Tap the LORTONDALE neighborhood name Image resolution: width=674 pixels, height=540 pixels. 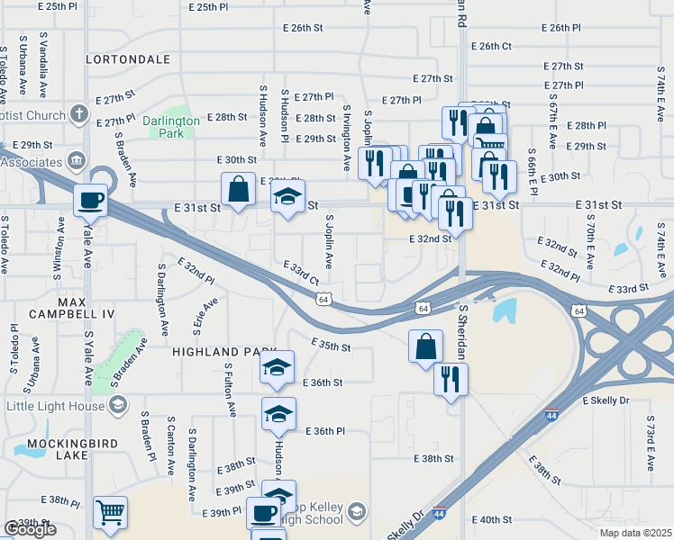[127, 59]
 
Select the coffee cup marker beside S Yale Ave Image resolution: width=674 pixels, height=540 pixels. [91, 201]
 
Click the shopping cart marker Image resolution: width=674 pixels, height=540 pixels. [110, 514]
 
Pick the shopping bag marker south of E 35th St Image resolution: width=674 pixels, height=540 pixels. [425, 346]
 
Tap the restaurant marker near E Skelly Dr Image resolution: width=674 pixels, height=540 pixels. [451, 379]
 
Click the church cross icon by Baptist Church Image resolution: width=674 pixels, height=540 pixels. [78, 115]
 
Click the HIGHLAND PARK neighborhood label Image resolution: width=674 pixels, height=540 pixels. [218, 352]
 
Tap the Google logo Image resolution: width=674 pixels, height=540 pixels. [30, 528]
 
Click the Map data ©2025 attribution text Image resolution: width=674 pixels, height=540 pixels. [635, 533]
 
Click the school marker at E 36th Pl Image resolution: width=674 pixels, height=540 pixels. [278, 414]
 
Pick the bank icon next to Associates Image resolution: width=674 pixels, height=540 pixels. [77, 161]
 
